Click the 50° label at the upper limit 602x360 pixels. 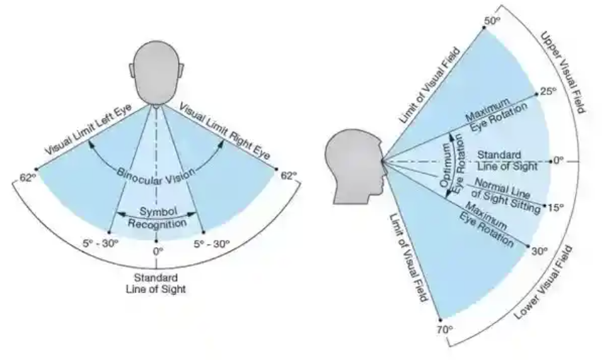pyautogui.click(x=492, y=21)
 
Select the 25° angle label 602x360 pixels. pyautogui.click(x=547, y=91)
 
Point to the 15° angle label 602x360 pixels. pyautogui.click(x=555, y=206)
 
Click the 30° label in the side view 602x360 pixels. pyautogui.click(x=538, y=251)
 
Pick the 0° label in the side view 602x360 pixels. pyautogui.click(x=559, y=161)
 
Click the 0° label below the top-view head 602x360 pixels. pyautogui.click(x=156, y=250)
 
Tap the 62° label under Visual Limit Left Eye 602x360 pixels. pyautogui.click(x=26, y=177)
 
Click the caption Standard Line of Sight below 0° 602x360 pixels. pyautogui.click(x=156, y=283)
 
